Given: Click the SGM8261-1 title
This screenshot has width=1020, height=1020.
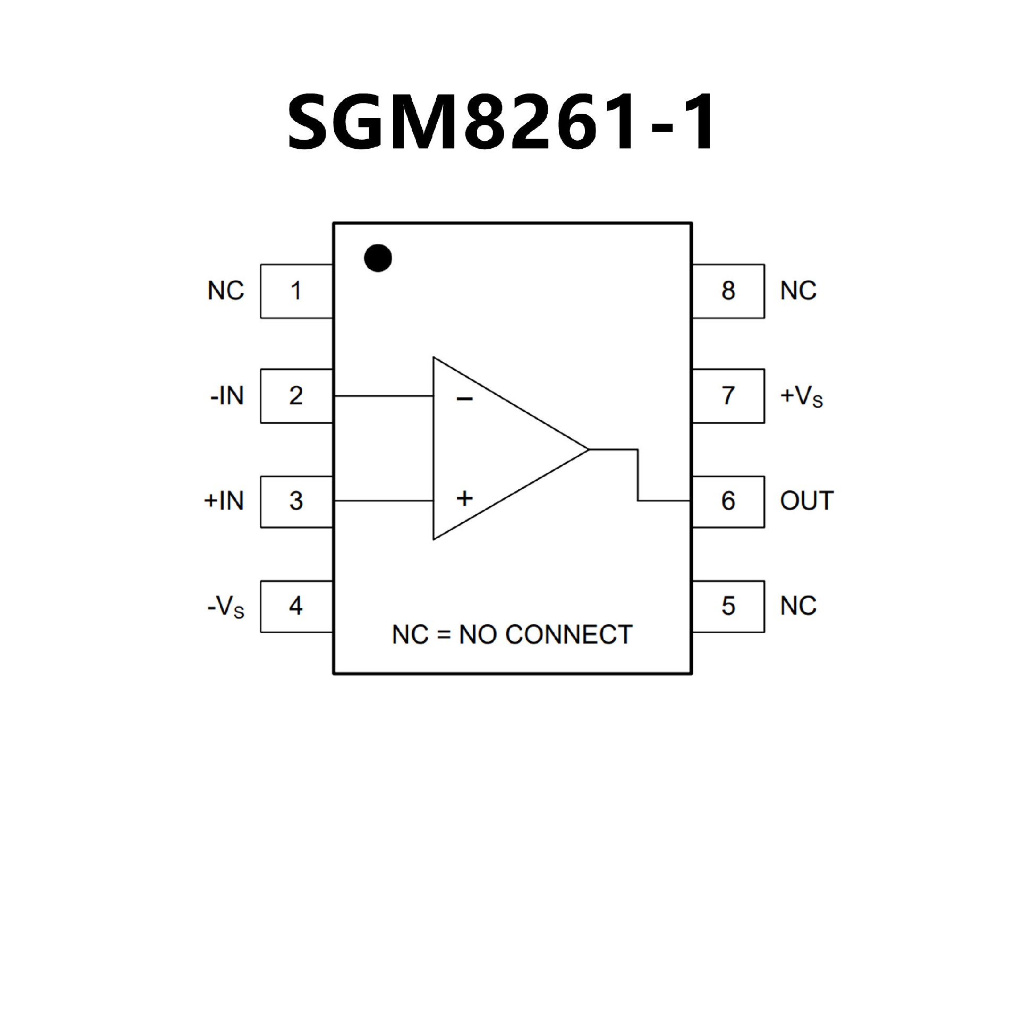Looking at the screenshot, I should tap(501, 122).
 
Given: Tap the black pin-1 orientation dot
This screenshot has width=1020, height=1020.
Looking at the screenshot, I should tap(378, 258).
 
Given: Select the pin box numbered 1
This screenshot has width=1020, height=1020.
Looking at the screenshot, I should tap(296, 291).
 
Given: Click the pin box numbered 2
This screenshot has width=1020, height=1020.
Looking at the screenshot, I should tap(296, 396).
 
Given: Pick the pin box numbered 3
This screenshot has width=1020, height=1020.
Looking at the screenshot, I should tap(296, 501).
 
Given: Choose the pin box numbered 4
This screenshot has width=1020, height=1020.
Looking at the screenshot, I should tap(296, 606).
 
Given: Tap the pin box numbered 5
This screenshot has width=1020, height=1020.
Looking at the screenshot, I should tap(728, 606).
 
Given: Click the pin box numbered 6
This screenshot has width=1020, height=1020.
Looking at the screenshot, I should tap(728, 501).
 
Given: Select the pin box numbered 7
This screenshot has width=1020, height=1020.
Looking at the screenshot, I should tap(728, 396).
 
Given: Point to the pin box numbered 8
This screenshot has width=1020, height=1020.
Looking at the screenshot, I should tap(728, 291).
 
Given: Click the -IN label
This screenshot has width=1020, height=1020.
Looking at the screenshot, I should tap(227, 396).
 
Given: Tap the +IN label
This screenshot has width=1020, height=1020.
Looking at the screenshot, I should tap(224, 501).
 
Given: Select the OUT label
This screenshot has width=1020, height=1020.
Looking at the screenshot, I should tap(806, 501).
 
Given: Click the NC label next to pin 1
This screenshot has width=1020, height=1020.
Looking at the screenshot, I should tap(226, 291).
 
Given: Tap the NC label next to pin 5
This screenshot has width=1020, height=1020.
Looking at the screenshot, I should tap(798, 606).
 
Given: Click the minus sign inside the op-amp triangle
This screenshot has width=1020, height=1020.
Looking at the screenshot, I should tap(464, 399).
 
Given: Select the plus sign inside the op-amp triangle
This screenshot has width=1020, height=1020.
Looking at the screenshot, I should tap(464, 498).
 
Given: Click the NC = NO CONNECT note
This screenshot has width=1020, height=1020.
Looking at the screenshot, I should tap(512, 635).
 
